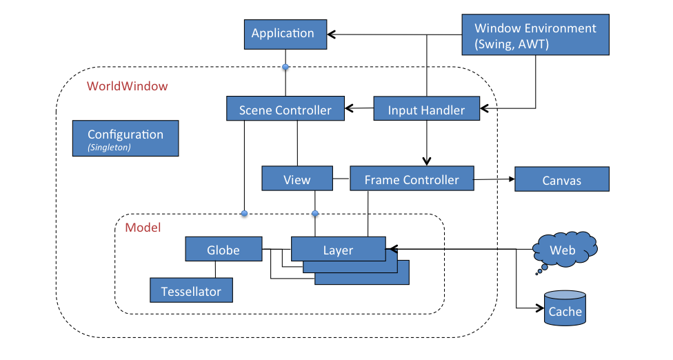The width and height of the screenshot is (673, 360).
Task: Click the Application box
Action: click(283, 34)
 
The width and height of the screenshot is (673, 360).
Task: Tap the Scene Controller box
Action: click(285, 110)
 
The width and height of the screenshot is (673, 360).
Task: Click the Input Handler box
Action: click(426, 110)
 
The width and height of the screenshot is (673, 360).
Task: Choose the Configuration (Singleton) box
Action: click(125, 139)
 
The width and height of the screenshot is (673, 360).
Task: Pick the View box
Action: click(297, 179)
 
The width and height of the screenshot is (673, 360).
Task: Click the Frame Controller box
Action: click(412, 179)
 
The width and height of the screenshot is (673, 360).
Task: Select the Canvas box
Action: click(561, 181)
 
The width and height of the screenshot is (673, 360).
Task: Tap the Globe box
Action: click(223, 250)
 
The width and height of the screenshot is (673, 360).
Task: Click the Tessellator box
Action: click(191, 291)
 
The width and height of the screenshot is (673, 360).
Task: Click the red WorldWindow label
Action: click(127, 87)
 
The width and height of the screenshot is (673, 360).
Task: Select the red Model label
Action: click(143, 227)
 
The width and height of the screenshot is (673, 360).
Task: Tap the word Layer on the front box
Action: click(338, 250)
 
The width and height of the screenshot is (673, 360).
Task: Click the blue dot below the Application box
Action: click(285, 67)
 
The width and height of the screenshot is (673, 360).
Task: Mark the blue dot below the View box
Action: click(315, 213)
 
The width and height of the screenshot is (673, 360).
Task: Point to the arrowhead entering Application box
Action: click(331, 33)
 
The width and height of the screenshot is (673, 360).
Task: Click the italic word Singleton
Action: click(109, 148)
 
